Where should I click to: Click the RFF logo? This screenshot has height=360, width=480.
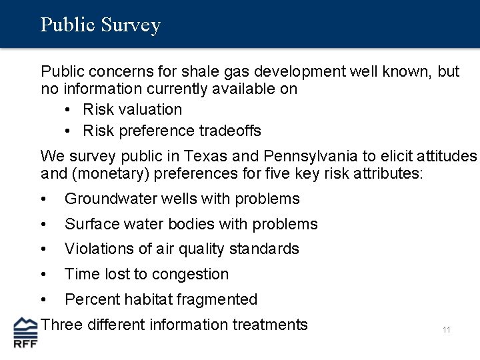point(26,333)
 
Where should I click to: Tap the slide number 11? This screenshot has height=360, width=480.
point(446,329)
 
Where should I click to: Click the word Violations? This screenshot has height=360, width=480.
point(95,249)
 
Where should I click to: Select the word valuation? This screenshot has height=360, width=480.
point(151,109)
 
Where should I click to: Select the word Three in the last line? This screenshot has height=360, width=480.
point(60,325)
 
